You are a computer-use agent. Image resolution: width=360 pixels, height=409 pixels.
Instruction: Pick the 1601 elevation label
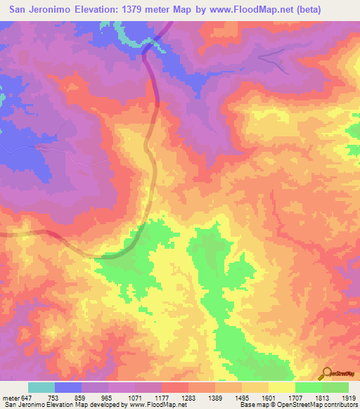pyautogui.click(x=267, y=397)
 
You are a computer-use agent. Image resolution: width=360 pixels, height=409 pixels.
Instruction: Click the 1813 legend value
pyautogui.click(x=321, y=397)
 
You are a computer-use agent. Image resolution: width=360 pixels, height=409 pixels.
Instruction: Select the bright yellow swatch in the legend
pyautogui.click(x=281, y=387)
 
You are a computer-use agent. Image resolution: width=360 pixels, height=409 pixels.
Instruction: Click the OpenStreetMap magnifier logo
pyautogui.click(x=326, y=373)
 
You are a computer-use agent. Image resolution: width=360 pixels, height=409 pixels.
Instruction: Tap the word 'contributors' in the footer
pyautogui.click(x=337, y=405)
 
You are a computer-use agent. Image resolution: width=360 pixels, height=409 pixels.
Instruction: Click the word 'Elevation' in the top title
pyautogui.click(x=99, y=10)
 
